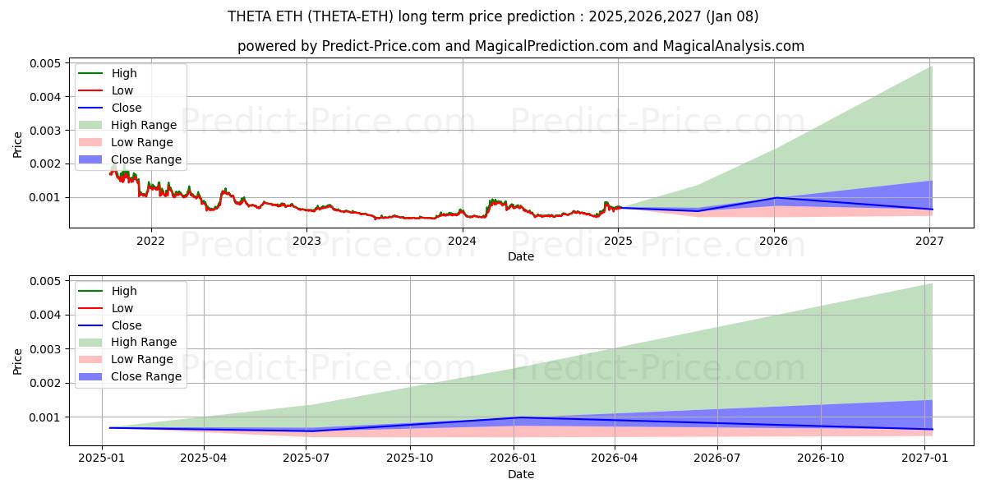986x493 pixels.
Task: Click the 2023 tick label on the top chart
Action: (x=306, y=241)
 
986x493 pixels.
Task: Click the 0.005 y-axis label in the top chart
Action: (x=45, y=63)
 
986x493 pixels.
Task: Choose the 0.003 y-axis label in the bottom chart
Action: (x=45, y=349)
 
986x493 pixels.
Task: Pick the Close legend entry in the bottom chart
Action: (x=126, y=325)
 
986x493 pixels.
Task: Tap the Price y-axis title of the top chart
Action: (x=18, y=144)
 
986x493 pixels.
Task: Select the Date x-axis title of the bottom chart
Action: (x=521, y=474)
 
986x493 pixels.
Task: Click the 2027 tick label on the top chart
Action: (x=929, y=241)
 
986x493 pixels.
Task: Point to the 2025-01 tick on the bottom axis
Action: (x=101, y=458)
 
